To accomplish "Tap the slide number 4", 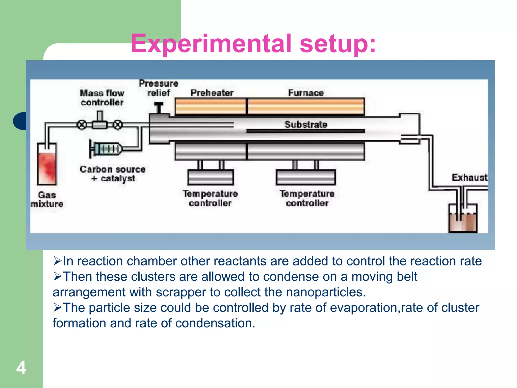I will pos(21,368).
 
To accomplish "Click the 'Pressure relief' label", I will pos(159,88).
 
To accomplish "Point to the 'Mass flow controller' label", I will pos(102,98).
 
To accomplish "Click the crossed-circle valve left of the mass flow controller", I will pos(82,125).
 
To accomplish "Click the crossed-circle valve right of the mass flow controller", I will pos(117,125).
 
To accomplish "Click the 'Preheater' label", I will pos(212,93).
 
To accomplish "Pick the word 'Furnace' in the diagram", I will pos(306,93).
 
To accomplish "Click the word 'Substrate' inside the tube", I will pos(306,125).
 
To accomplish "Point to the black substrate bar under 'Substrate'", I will pos(305,131).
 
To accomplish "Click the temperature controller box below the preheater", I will pos(211,177).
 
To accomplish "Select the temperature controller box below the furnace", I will pos(306,177).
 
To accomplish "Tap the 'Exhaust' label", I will pos(469,178).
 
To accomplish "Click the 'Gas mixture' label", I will pos(47,199).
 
